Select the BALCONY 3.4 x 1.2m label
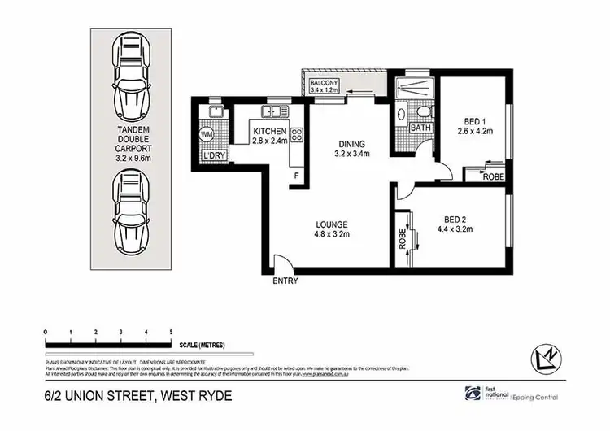coord(324,84)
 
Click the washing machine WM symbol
coord(206,133)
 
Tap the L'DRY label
coord(213,155)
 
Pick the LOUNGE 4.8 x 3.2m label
coord(333,229)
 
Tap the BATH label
coord(420,128)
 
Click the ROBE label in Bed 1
coord(492,176)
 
